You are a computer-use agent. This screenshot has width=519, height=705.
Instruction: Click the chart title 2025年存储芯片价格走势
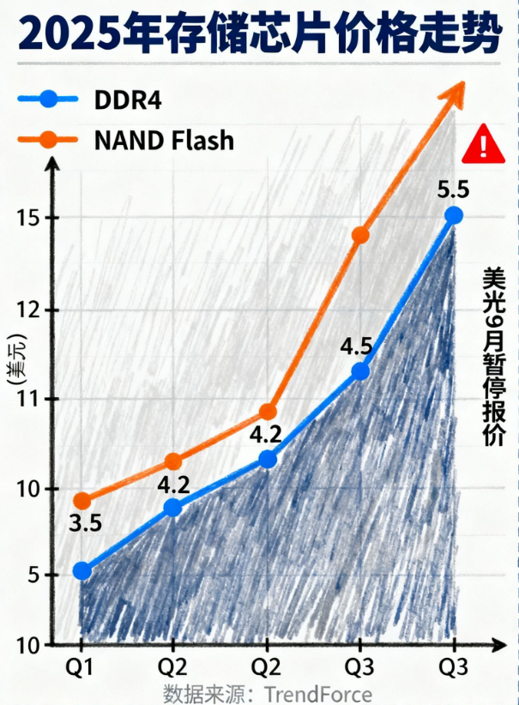(259, 33)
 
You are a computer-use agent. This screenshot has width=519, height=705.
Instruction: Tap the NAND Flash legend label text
(163, 139)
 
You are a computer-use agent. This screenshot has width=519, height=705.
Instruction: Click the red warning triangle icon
(483, 144)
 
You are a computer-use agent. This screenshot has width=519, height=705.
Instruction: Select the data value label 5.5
(454, 185)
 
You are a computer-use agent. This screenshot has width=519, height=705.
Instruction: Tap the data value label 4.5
(356, 347)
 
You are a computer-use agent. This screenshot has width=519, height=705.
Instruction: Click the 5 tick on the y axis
(33, 575)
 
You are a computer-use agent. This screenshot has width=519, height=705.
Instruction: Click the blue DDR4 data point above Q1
(82, 570)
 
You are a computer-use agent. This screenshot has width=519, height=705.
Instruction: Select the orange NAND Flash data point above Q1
(82, 501)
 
